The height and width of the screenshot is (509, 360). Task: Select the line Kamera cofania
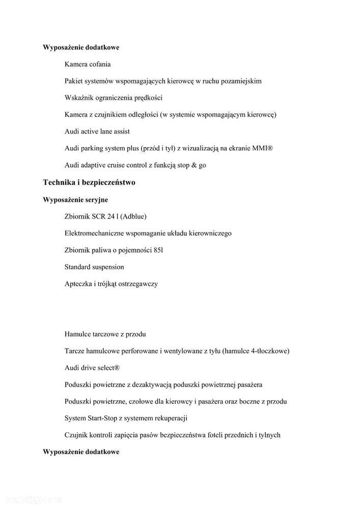pos(88,64)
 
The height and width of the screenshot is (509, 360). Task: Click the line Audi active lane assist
pos(97,131)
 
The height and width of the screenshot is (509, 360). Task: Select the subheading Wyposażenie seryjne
pos(75,199)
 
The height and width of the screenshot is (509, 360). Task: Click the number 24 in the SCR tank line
pos(111,217)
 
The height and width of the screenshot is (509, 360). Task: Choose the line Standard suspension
pos(94,266)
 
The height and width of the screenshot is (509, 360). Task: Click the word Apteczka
pos(79,284)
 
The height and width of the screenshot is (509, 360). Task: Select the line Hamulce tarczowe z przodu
pos(105,334)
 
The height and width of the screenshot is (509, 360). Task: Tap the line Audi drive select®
pos(92,368)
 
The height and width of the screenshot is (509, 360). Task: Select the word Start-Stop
pos(105,418)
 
